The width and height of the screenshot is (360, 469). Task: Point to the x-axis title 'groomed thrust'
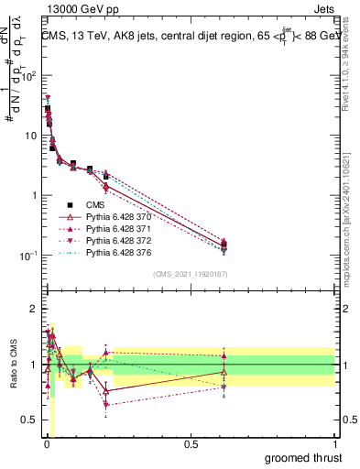tap(302, 456)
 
